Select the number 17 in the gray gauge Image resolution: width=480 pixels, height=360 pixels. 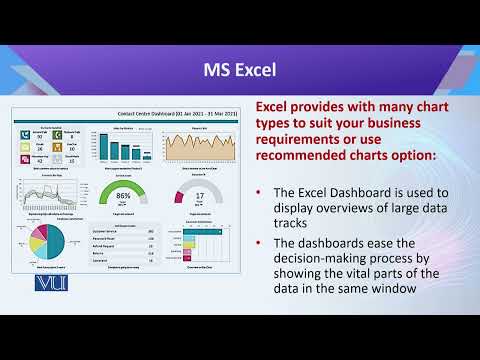199,196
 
